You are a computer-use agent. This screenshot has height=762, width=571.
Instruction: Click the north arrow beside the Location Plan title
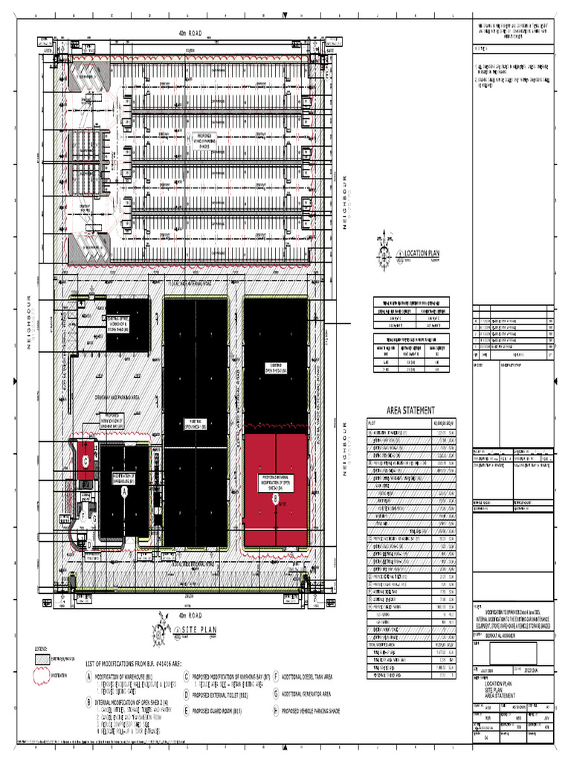(384, 253)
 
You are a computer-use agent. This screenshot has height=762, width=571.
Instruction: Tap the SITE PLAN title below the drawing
(199, 630)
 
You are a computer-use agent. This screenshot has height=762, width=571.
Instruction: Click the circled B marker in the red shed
(275, 498)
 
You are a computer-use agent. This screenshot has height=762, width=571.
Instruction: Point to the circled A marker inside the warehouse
(124, 492)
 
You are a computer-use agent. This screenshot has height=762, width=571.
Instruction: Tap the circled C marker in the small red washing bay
(86, 461)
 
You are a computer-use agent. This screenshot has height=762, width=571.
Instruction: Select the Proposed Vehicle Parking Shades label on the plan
(213, 139)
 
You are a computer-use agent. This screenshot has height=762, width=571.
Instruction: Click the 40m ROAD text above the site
(190, 33)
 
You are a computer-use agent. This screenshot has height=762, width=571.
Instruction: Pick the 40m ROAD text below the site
(190, 616)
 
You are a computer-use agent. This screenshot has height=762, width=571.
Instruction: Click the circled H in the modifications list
(274, 711)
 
